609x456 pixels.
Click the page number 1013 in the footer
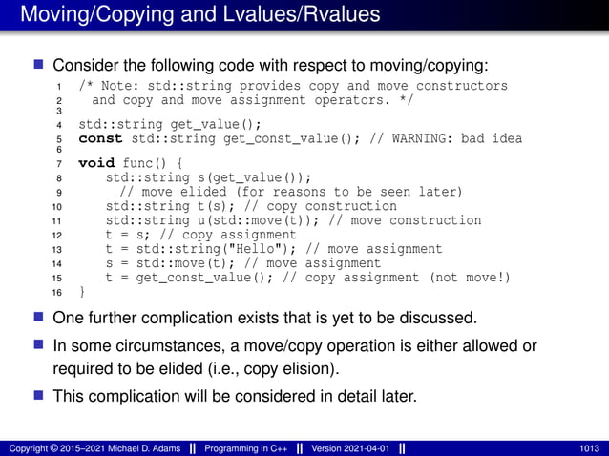coord(589,448)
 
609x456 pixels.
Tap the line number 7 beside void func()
coord(59,164)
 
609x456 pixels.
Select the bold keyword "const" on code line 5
coord(100,138)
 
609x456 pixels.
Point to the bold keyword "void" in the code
coord(96,163)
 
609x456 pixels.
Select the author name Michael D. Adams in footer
coord(132,448)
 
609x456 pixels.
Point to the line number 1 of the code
coord(59,87)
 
